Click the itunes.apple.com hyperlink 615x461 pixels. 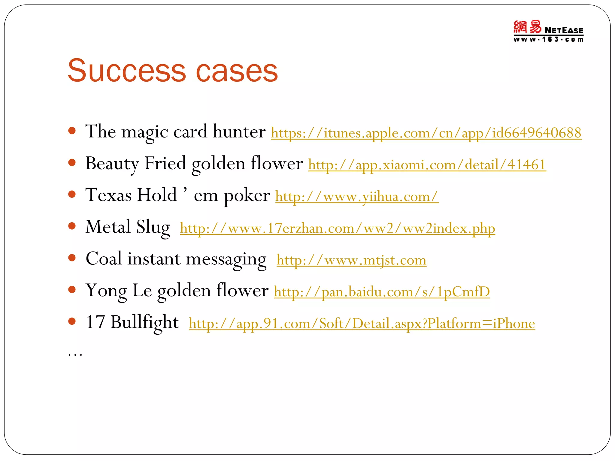[x=426, y=133]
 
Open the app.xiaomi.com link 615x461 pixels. [x=427, y=165]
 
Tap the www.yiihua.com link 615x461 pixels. [x=357, y=197]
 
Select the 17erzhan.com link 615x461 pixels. [x=338, y=228]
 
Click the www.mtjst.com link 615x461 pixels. [x=351, y=260]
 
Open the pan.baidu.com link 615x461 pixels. [x=382, y=292]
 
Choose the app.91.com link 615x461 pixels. [x=362, y=324]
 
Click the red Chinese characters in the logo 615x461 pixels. [x=527, y=27]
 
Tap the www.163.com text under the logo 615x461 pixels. [x=548, y=40]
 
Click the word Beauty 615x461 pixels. [x=112, y=164]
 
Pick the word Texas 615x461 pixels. [x=108, y=195]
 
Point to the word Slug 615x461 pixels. [x=153, y=227]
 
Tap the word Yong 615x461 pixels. [x=106, y=291]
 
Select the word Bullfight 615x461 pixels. [x=144, y=322]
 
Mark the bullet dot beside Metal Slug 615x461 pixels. [x=72, y=226]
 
